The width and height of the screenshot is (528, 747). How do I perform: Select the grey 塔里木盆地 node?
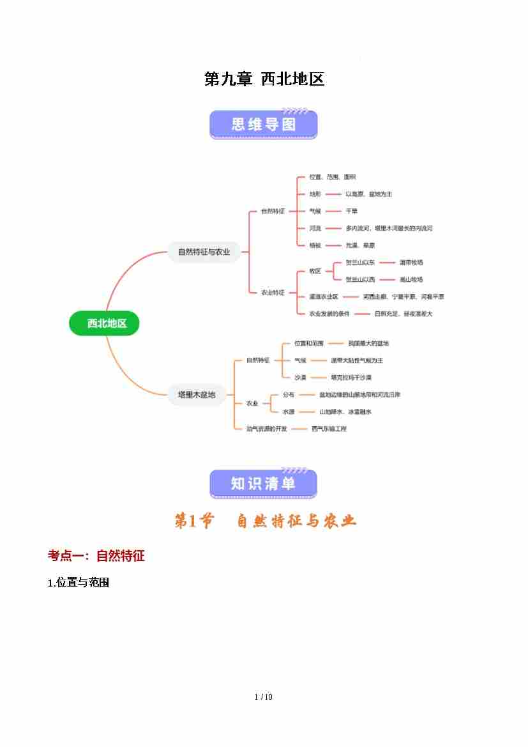click(x=197, y=395)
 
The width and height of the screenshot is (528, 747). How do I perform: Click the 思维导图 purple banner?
click(x=264, y=124)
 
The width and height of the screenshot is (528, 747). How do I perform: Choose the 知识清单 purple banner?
click(x=264, y=484)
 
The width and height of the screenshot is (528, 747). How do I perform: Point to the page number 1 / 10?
click(x=264, y=697)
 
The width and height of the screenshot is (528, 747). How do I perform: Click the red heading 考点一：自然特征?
click(x=96, y=556)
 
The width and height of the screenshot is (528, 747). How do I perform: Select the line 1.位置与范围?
click(x=79, y=583)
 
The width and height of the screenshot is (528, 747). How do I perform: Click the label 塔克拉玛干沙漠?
click(x=351, y=378)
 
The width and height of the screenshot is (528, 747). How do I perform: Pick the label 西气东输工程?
click(x=329, y=429)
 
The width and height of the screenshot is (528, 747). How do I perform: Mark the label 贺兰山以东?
click(x=361, y=263)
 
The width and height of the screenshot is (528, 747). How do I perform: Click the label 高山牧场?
click(x=411, y=280)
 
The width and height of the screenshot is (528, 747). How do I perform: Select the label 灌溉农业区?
click(x=324, y=296)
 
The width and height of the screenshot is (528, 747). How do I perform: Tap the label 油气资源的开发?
click(x=267, y=429)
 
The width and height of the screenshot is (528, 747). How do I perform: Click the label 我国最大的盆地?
click(x=368, y=344)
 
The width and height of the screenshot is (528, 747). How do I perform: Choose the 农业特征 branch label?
click(x=273, y=292)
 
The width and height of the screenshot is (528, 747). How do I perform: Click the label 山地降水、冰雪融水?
click(x=345, y=412)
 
